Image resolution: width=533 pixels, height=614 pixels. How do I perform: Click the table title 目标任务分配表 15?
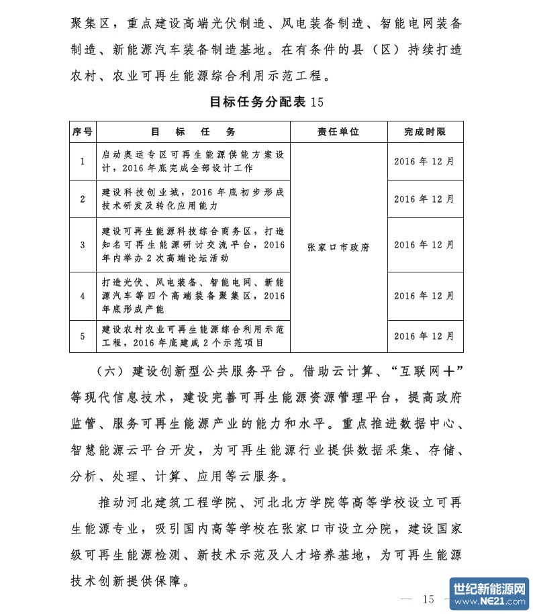pos(266,102)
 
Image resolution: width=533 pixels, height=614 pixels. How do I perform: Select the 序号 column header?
pos(82,132)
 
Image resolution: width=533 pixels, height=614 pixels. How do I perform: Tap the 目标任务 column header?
pos(193,132)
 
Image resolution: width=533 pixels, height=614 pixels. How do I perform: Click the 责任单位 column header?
pos(338,132)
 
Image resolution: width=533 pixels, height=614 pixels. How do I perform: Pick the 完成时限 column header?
pos(424,132)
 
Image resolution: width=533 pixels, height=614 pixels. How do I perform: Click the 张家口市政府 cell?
pos(338,247)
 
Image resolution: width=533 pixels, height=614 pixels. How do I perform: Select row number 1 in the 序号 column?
pos(82,162)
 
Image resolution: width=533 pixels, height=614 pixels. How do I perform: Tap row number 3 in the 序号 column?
pos(82,245)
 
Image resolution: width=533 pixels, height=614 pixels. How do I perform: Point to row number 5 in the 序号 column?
pos(82,336)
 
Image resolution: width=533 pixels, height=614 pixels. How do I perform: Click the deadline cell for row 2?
pos(424,199)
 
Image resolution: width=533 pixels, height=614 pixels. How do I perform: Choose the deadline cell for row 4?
pos(424,296)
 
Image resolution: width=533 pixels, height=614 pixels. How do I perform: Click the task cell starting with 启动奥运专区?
pos(193,162)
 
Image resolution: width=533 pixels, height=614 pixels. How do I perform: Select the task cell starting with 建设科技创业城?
pos(193,199)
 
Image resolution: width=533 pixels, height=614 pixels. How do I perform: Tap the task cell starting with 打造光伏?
pos(193,296)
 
